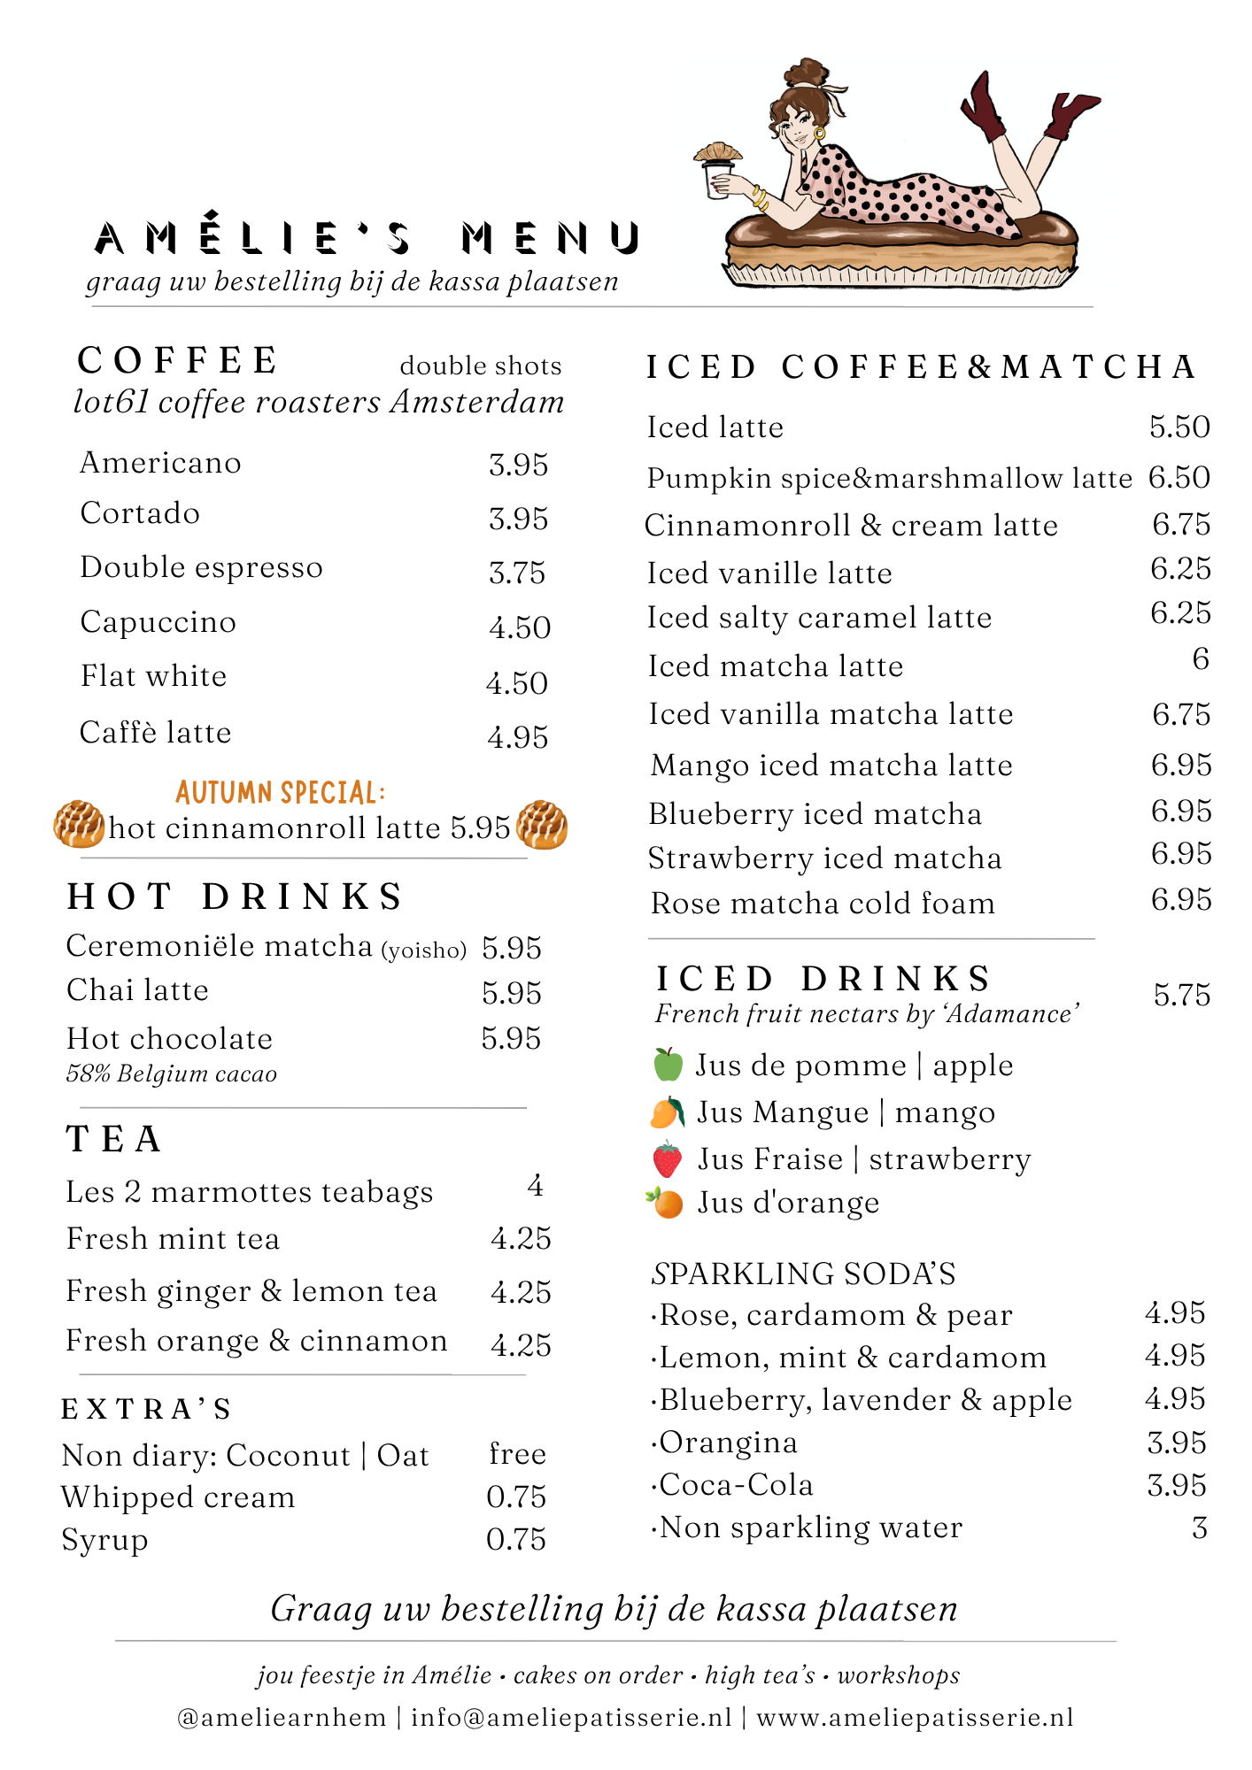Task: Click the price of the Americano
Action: point(518,466)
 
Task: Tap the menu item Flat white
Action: point(153,677)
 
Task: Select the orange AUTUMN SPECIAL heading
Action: point(280,792)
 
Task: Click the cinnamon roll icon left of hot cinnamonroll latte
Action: point(79,824)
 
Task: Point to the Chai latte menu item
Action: point(137,990)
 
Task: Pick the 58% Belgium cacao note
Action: point(171,1074)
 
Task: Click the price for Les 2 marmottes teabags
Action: point(535,1186)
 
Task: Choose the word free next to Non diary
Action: point(517,1454)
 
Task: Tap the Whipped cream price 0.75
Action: point(516,1497)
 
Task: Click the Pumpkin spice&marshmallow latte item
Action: point(889,479)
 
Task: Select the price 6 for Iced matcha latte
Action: point(1200,659)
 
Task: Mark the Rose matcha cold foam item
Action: point(823,904)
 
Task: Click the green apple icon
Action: point(669,1065)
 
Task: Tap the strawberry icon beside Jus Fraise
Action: point(667,1159)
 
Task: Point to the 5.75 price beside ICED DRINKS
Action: point(1181,996)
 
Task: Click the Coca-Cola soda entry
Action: point(735,1485)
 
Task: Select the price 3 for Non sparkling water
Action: point(1199,1528)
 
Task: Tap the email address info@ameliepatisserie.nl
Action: point(571,1718)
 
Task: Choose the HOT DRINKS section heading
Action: point(235,897)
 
